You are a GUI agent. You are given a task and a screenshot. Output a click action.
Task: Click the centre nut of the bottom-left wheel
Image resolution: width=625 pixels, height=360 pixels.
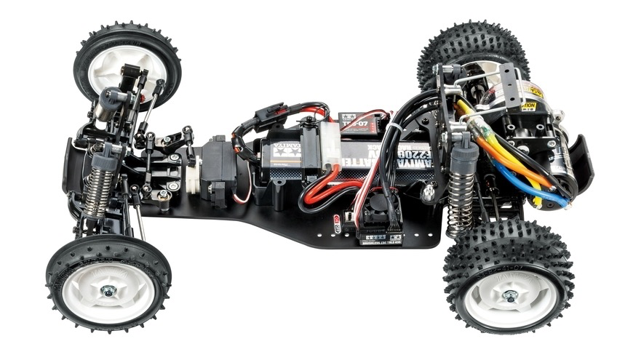click(x=108, y=292)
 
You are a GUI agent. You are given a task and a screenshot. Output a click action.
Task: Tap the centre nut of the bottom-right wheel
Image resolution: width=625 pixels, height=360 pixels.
click(x=510, y=295)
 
